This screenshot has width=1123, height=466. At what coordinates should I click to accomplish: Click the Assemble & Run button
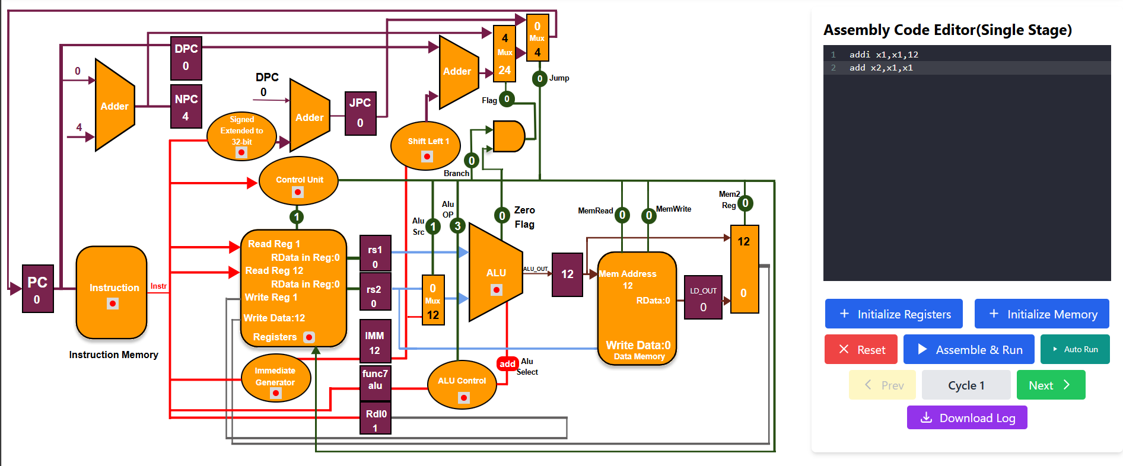[968, 350]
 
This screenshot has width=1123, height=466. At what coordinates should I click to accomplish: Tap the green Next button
[1050, 385]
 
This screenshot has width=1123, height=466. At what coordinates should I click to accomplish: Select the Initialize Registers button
[893, 314]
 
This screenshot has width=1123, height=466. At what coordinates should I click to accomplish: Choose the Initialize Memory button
[1041, 314]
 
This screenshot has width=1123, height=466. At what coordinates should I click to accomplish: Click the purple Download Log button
[966, 418]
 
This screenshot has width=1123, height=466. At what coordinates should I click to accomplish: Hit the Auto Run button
[1074, 350]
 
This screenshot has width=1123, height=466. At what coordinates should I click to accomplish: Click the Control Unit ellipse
[299, 181]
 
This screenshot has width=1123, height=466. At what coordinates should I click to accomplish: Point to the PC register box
[37, 289]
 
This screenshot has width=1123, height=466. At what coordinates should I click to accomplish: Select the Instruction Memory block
[112, 292]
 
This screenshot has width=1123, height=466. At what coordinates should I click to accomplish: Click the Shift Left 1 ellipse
[426, 146]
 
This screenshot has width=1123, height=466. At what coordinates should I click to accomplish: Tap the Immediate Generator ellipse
[276, 378]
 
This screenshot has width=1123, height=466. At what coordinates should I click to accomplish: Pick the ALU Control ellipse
[462, 385]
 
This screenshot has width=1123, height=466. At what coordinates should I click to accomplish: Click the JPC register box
[360, 113]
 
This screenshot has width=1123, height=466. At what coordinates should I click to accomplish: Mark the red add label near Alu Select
[507, 364]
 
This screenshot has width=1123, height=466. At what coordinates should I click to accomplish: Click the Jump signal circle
[539, 78]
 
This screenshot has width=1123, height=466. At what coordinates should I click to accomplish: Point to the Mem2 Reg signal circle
[745, 203]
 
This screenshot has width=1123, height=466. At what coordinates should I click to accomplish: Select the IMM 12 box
[375, 341]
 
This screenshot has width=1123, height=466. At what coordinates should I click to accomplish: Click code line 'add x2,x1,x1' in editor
[881, 68]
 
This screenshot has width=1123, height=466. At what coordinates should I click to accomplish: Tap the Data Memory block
[637, 308]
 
